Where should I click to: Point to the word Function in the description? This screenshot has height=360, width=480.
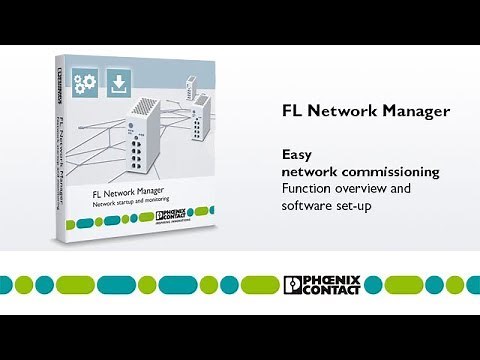(309, 188)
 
